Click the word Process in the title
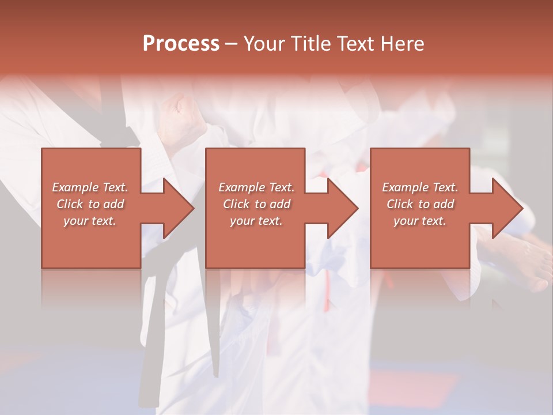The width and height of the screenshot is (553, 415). [x=181, y=44]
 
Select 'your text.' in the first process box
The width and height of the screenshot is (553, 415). [x=90, y=221]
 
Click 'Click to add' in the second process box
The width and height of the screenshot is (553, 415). [x=256, y=204]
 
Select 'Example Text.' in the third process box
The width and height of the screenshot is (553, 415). [x=420, y=187]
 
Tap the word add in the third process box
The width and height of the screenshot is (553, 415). [x=444, y=204]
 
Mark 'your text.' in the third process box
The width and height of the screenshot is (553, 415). [x=420, y=221]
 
